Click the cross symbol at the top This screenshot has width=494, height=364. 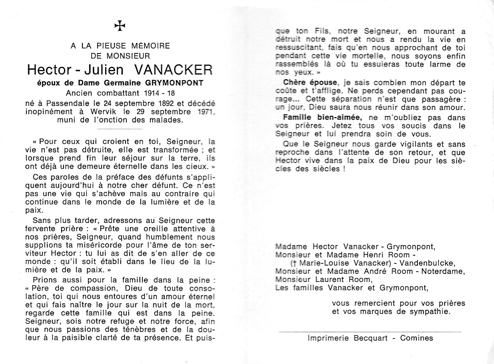pos(120,26)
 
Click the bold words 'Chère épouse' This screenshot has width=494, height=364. pos(310,82)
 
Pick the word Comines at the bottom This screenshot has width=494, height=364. pos(417,338)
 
